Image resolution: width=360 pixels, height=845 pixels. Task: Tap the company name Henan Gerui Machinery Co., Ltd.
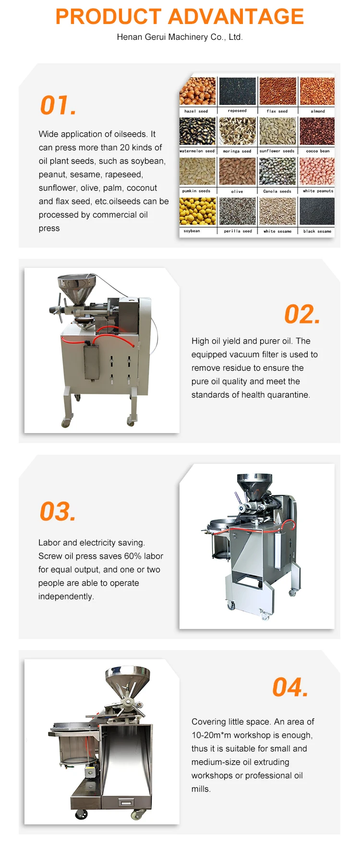(180, 37)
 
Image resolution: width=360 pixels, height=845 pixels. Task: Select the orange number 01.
(58, 105)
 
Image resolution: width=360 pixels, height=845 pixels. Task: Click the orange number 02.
(302, 314)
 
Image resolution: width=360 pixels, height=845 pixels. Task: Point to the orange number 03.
(58, 511)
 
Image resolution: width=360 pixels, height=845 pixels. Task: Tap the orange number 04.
(290, 687)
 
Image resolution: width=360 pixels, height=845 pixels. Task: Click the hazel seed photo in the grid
(197, 91)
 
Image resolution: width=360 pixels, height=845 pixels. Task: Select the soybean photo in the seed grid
(197, 211)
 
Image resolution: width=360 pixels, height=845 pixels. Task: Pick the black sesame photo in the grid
(317, 211)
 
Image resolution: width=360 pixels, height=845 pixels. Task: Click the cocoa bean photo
(317, 131)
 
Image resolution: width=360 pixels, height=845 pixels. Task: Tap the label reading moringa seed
(237, 151)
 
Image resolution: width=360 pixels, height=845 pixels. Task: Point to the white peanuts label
(318, 191)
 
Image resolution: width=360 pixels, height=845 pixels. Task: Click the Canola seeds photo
(277, 171)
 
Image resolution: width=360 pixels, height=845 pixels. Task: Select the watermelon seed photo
(197, 131)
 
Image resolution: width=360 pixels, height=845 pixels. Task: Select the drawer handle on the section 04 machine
(126, 802)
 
